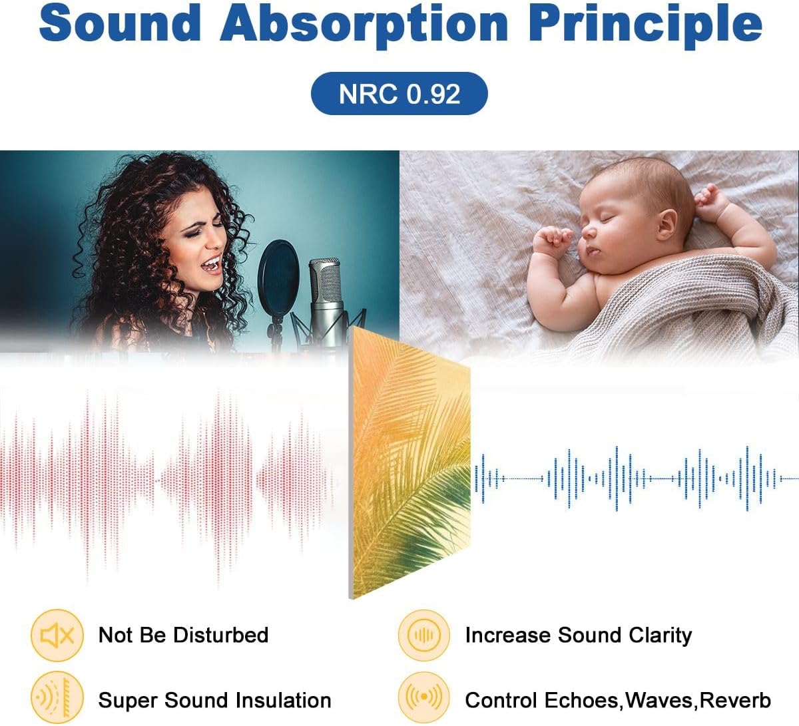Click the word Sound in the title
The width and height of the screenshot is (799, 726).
point(120,23)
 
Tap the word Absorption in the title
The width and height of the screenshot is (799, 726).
point(364,25)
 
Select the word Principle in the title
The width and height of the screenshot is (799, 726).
point(645,25)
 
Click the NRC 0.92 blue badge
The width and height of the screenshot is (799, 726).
point(399,94)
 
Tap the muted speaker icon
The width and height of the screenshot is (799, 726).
point(57,635)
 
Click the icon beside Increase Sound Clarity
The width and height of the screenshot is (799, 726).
point(423,635)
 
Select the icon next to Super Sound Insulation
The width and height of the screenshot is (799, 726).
point(57,697)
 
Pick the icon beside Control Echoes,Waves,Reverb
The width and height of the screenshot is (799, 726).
point(423,697)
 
